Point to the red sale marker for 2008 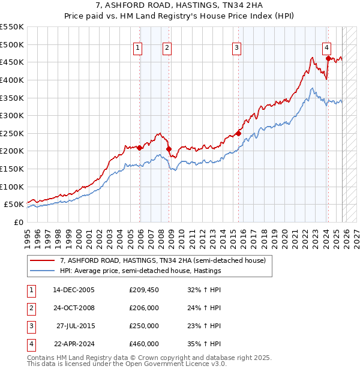click(x=169, y=149)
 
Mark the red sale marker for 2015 click(x=238, y=133)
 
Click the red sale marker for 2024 click(x=328, y=58)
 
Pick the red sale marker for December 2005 click(x=140, y=148)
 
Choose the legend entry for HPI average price click(x=140, y=271)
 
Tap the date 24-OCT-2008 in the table click(x=74, y=308)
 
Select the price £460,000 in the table click(x=144, y=344)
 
